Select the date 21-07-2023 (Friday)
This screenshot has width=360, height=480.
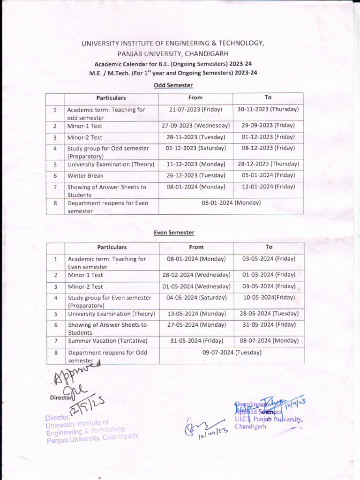[x=195, y=109]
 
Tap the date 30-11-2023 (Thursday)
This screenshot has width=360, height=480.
[x=268, y=109]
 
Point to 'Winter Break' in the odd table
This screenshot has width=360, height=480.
[x=85, y=176]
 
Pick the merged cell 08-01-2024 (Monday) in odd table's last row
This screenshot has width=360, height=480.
[x=231, y=203]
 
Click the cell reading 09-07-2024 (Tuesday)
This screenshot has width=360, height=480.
[x=232, y=352]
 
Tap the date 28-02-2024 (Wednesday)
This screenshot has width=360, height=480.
[x=196, y=275]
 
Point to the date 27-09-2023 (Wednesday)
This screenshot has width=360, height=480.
[x=195, y=126]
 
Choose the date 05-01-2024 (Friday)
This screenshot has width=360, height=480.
[x=268, y=175]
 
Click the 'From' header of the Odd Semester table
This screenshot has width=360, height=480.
[x=195, y=97]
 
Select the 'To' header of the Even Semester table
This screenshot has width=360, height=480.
[x=269, y=247]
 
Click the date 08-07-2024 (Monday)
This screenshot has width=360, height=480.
[x=269, y=341]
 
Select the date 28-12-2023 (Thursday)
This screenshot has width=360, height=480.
[x=268, y=164]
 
